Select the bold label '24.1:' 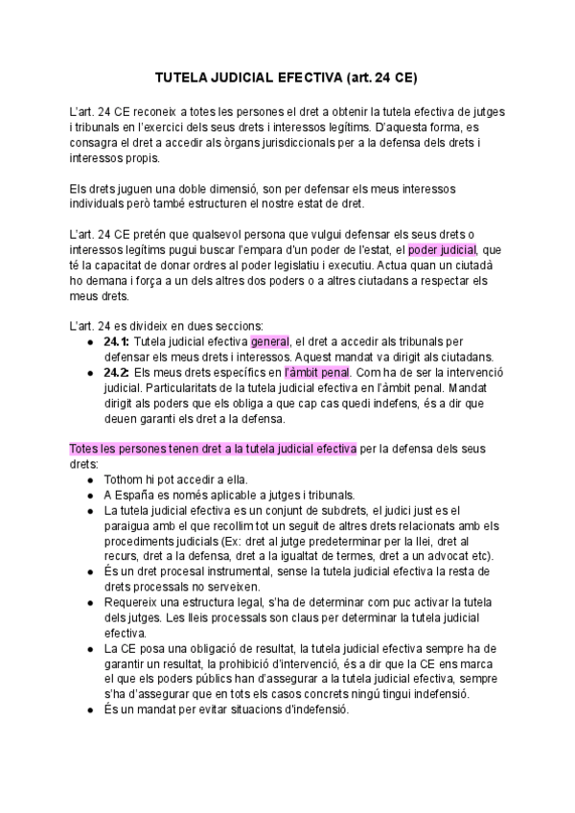[118, 342]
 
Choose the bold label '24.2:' [118, 373]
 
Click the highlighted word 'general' [270, 342]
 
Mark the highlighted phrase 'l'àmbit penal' [318, 373]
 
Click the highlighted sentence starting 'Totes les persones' [213, 449]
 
